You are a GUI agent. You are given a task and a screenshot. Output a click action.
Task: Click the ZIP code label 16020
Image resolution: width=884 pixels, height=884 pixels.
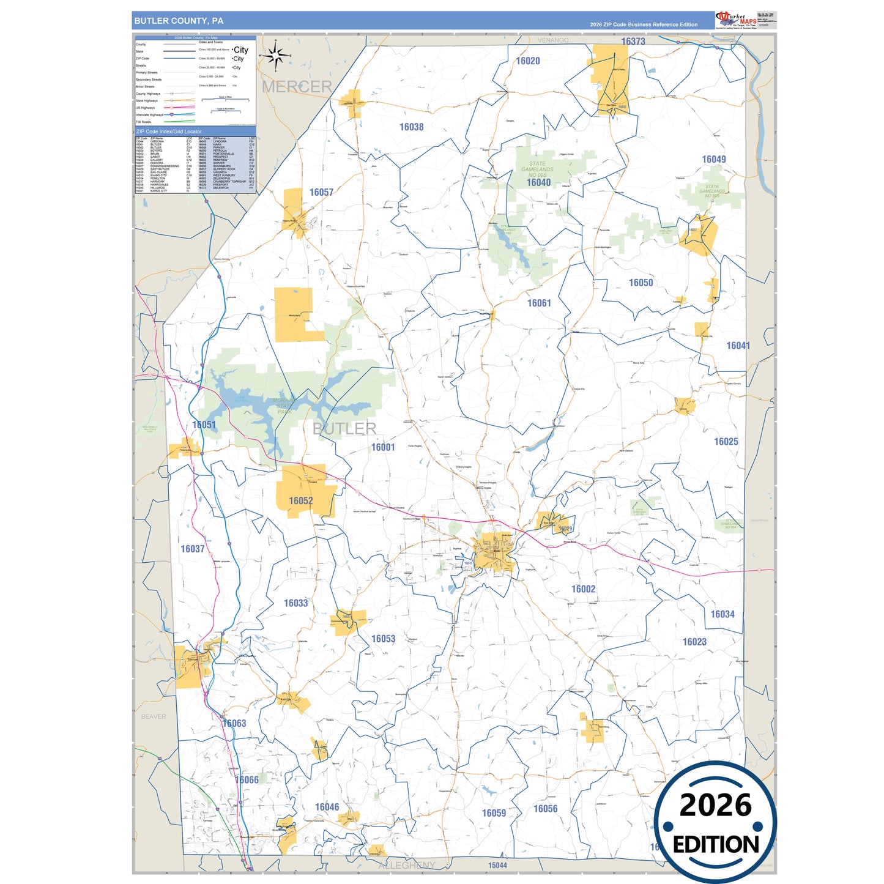coord(528,61)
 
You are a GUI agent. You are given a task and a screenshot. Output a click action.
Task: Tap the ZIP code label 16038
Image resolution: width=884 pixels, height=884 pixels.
coord(411,127)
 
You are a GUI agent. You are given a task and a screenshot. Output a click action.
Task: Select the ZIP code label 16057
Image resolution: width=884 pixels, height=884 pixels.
coord(321,192)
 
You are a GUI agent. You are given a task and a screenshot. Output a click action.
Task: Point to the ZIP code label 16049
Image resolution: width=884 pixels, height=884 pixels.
coord(713,159)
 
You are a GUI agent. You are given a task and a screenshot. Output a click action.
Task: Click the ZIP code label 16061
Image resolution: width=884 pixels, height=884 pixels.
coord(539,303)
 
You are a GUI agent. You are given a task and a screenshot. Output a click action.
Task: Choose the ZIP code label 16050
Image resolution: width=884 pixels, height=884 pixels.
coord(641,283)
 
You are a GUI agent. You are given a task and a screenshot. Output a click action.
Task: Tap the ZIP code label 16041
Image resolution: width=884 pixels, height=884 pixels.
coord(738,346)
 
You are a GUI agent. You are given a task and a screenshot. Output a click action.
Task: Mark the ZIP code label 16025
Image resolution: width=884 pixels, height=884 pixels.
coord(726,441)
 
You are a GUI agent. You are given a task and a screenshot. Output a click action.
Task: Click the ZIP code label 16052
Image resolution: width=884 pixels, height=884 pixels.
coord(300,500)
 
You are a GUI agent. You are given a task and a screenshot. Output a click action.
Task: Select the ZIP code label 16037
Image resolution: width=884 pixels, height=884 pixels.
coord(192,549)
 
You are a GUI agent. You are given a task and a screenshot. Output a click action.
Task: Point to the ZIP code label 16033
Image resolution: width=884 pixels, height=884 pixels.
coord(295,603)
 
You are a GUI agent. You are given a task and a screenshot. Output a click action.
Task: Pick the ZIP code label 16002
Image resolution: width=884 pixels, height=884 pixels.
coord(583,589)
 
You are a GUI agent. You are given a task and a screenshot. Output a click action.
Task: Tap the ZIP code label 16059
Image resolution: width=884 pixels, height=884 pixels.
coord(494,812)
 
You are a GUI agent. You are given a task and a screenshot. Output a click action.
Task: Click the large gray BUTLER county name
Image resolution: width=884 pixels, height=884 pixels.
coord(344,428)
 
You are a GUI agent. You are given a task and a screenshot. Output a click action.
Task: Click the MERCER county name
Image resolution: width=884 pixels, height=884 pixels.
coord(297,86)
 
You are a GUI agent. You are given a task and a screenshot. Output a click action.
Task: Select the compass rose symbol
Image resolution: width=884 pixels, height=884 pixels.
coord(276,56)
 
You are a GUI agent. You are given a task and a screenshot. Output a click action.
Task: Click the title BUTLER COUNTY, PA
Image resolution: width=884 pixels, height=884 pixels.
coord(179,21)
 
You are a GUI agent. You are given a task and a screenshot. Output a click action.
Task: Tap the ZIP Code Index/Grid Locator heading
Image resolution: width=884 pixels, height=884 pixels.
coord(169,132)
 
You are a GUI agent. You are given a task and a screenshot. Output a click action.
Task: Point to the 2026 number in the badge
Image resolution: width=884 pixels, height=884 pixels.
coord(715,805)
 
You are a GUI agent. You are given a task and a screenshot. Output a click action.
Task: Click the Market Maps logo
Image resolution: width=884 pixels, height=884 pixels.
coord(736,20)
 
